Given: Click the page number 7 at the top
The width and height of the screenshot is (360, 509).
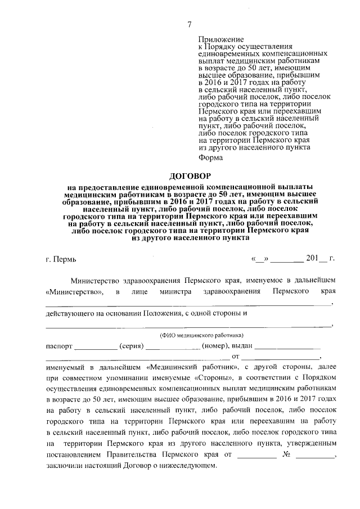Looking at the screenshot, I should [190, 24].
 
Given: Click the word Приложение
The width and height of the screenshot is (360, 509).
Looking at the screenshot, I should [221, 40].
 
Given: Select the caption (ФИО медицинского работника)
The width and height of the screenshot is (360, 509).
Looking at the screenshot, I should [189, 334].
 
